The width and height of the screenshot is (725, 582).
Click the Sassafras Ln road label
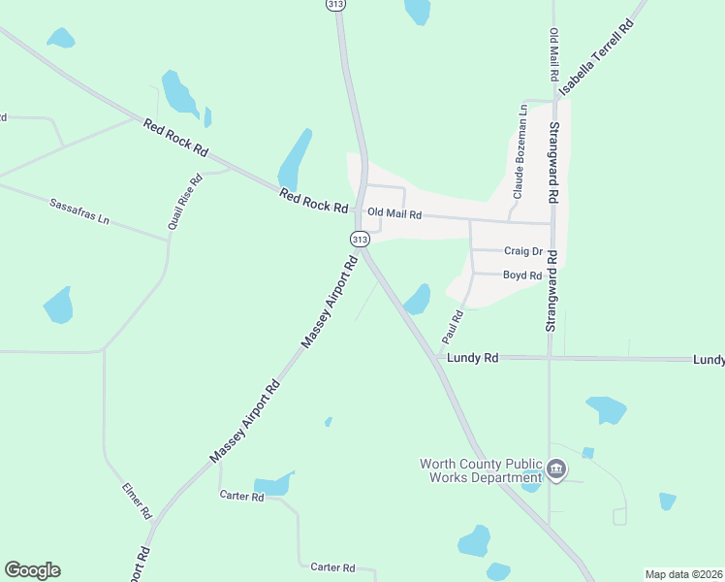click(x=79, y=211)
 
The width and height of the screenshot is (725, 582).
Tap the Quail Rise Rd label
click(x=185, y=201)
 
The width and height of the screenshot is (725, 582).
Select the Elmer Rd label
click(x=137, y=500)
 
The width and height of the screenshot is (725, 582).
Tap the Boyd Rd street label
click(x=521, y=275)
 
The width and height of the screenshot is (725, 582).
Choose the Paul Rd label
click(x=453, y=327)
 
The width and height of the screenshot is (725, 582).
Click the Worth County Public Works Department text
click(x=481, y=470)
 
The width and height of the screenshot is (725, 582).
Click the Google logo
click(x=32, y=570)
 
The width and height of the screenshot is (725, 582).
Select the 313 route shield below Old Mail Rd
click(x=360, y=239)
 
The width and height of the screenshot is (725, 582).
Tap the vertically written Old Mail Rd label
click(x=554, y=54)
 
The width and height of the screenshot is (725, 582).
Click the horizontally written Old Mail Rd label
click(x=394, y=214)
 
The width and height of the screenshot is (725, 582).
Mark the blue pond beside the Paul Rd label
click(x=419, y=299)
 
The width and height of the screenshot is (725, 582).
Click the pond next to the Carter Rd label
click(x=272, y=485)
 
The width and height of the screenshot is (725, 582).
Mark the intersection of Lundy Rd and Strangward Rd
click(x=550, y=358)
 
